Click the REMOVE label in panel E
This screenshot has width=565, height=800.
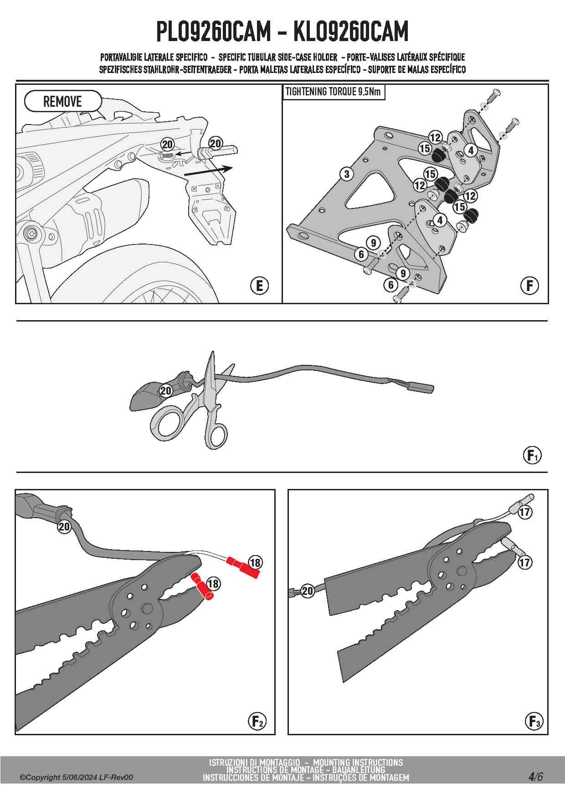pos(62,101)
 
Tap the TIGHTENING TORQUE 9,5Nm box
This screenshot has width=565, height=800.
pos(333,92)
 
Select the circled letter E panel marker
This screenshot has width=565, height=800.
pos(259,286)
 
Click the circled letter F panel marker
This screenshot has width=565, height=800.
pos(529,286)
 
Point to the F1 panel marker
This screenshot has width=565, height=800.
pos(532,455)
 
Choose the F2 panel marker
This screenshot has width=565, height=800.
pos(257,721)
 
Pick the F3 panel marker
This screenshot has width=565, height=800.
pos(534,721)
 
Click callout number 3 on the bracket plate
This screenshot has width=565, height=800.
pos(347,174)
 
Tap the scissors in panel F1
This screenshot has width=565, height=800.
pos(196,410)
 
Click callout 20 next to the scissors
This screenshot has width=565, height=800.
pos(166,390)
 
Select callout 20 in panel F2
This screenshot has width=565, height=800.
pos(64,527)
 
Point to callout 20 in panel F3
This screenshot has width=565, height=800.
pos(308,591)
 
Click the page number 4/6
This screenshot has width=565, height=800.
pos(535,776)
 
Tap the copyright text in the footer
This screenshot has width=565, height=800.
pos(76,777)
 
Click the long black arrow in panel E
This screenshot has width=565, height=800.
pos(208,171)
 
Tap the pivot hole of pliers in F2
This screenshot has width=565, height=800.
pos(147,608)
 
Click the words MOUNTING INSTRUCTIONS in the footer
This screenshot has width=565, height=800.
pos(358,762)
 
